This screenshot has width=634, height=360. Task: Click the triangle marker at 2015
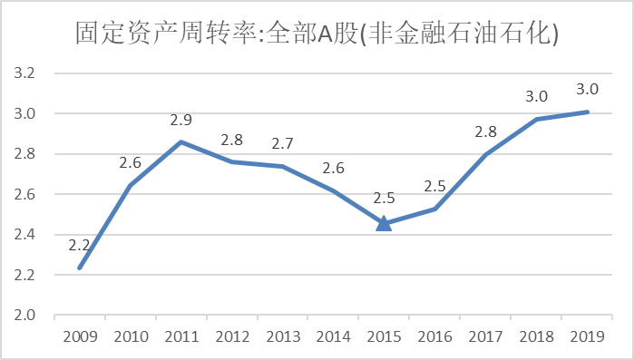point(384,223)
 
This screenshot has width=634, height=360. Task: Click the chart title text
point(317,34)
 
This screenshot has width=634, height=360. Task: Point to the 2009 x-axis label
point(80,336)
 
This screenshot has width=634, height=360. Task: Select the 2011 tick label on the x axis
point(181,336)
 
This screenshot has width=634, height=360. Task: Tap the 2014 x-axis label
point(333,336)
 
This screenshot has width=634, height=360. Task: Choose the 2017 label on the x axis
point(485,336)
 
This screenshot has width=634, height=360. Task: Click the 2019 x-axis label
point(587,336)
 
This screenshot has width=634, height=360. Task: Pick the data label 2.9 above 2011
point(181,120)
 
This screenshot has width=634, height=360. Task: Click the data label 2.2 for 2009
point(80,245)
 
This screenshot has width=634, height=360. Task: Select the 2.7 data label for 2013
point(283,143)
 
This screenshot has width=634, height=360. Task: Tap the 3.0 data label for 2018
point(536,96)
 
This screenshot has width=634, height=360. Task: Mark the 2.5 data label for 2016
point(434,186)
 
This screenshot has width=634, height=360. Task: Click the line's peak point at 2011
point(181,142)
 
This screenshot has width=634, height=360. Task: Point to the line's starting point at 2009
point(80,268)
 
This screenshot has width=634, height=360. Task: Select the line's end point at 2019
point(587,112)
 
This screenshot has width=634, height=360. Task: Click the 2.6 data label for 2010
point(131,163)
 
